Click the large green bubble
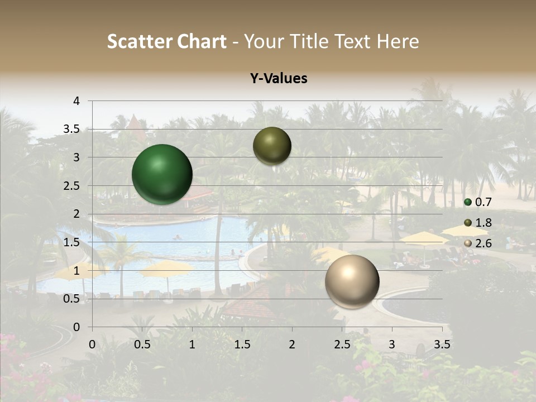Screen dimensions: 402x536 click(162, 174)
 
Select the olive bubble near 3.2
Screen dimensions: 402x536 click(272, 146)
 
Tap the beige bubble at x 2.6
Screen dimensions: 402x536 click(352, 281)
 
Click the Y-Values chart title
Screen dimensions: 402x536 click(279, 79)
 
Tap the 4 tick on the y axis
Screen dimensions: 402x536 click(77, 101)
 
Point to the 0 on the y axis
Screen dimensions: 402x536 click(77, 327)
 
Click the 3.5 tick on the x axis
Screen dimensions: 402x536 click(442, 344)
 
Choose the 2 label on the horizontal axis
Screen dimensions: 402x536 click(292, 344)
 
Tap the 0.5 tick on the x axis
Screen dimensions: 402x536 click(142, 344)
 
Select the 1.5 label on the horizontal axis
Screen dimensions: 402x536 click(242, 344)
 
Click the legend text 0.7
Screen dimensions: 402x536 click(483, 202)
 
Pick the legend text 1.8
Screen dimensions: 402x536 click(483, 223)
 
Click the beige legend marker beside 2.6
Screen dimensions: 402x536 click(468, 243)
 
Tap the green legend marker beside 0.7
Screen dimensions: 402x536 click(468, 202)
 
